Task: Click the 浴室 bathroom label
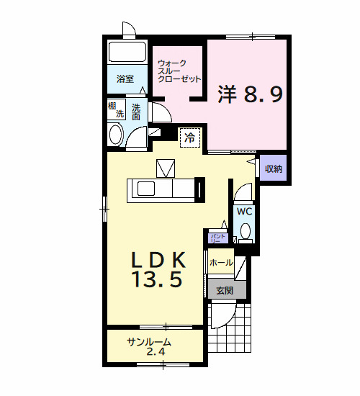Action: coord(125,79)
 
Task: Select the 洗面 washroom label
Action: coord(136,112)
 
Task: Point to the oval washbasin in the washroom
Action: coord(114,135)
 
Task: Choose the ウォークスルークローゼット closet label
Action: coord(178,71)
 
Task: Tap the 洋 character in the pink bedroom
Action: coord(228,94)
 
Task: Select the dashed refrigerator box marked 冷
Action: coord(190,135)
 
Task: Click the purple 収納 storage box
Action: coord(273,169)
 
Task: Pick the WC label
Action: coord(244,212)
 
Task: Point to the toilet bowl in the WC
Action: coord(245,232)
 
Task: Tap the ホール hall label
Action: coord(220,263)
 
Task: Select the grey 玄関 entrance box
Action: coord(225,290)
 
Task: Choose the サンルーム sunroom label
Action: coord(149,342)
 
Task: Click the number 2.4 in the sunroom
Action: coord(155,352)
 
